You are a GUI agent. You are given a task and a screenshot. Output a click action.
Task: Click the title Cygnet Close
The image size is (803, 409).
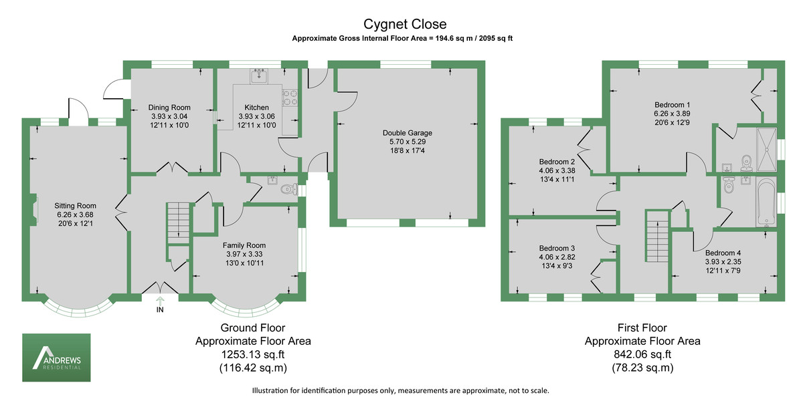point(401,25)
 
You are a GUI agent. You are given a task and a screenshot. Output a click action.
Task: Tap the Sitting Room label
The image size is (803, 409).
point(76,206)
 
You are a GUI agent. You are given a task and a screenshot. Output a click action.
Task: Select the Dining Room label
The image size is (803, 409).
point(169,108)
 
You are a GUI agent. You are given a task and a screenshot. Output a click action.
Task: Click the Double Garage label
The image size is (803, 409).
point(407,133)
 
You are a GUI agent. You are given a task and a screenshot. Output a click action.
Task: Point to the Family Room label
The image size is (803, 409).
point(244,245)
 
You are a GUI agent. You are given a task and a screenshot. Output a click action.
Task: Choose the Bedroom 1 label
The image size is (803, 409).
point(672,105)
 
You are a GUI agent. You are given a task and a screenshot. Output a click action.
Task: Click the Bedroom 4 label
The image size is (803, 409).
point(723,253)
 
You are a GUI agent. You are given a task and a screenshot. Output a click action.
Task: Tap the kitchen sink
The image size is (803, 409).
point(259,76)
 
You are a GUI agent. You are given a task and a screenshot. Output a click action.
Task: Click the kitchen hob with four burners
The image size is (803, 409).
point(291,98)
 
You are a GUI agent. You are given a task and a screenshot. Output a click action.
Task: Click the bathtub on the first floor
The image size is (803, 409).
point(766,200)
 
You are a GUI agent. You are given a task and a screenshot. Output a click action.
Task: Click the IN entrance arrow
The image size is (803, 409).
point(160,302)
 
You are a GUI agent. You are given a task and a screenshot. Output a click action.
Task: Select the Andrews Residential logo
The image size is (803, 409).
point(57,358)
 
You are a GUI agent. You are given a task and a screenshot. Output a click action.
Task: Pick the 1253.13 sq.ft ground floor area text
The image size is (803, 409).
point(252,354)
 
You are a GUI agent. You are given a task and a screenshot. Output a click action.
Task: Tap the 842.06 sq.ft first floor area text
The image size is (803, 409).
point(642,354)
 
